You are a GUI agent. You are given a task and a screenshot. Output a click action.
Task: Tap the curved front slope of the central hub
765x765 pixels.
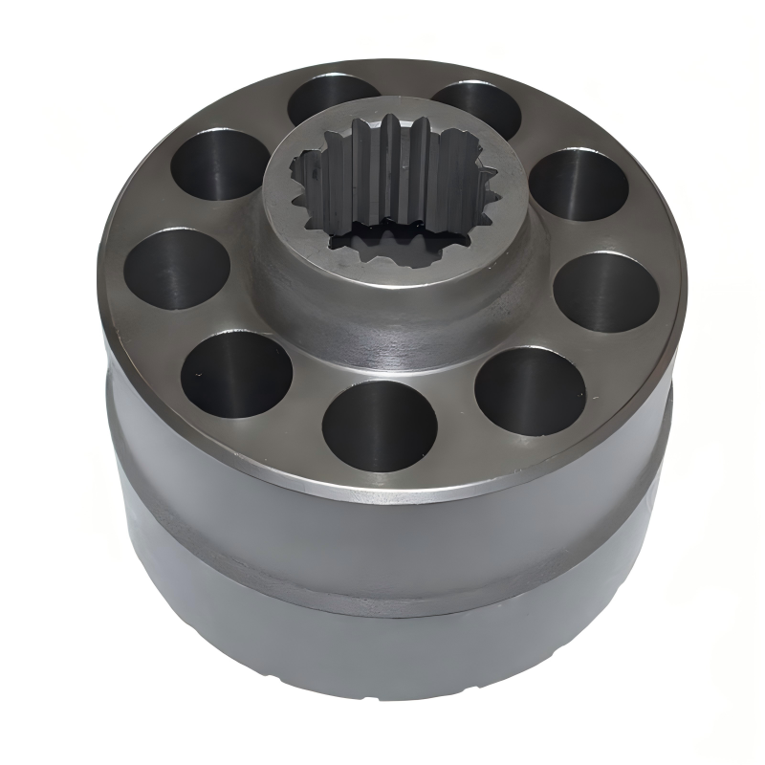(x=382, y=320)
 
